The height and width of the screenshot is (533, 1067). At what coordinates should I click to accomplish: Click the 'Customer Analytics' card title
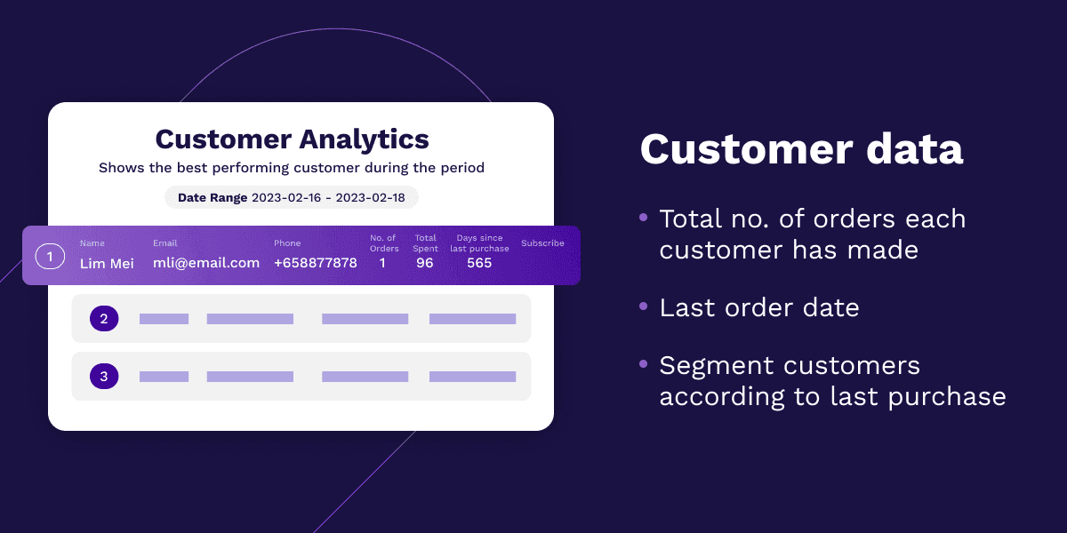[x=292, y=140]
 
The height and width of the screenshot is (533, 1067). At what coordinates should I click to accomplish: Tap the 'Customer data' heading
[x=802, y=149]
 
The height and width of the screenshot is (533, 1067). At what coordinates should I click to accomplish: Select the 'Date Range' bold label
[x=213, y=198]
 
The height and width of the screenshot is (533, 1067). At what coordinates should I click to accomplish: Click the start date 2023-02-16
[x=286, y=198]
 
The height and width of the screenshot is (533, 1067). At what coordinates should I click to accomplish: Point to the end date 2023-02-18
[x=370, y=198]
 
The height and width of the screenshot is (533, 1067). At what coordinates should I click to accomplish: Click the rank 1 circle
[x=50, y=257]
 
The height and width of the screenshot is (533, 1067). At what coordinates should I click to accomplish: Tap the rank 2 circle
[x=104, y=318]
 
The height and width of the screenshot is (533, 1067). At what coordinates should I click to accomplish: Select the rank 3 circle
[x=104, y=376]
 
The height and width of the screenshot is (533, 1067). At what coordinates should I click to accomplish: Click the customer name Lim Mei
[x=107, y=263]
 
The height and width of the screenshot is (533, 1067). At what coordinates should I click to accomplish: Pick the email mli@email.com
[x=206, y=263]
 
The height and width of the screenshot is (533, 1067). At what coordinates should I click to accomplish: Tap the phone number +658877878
[x=316, y=263]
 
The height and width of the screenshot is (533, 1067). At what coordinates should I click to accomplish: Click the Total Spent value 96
[x=424, y=263]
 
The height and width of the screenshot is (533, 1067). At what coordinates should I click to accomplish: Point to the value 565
[x=479, y=263]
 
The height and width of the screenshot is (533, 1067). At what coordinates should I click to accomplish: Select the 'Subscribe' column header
[x=542, y=243]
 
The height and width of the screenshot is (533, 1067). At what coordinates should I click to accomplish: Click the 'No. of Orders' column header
[x=384, y=243]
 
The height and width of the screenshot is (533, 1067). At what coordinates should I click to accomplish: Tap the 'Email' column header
[x=164, y=243]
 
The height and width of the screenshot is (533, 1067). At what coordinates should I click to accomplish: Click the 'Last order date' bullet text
[x=759, y=307]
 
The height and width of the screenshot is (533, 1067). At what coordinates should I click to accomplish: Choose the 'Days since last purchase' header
[x=479, y=243]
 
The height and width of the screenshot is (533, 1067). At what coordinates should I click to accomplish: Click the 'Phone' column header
[x=287, y=243]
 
